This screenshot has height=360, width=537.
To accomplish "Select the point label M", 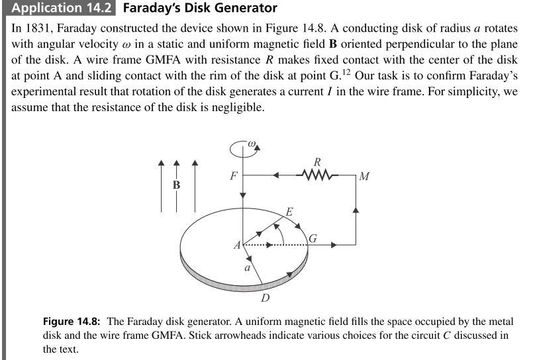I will [364, 177].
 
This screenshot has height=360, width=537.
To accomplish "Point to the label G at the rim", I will [313, 237].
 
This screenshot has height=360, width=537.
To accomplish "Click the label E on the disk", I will [289, 212].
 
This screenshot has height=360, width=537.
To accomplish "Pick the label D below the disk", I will [265, 298].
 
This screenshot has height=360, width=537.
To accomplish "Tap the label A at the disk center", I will [236, 246].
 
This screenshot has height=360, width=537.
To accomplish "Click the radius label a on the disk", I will [247, 268].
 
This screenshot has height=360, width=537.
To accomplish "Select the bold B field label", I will [176, 185].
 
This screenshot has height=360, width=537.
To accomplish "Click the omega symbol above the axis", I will [252, 142].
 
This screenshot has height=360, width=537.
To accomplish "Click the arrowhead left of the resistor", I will [276, 175].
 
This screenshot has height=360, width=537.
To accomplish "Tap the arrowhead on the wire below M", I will [356, 210].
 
